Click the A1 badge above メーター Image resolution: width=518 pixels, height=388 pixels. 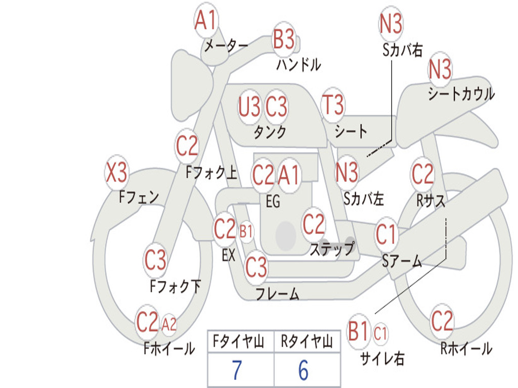206,21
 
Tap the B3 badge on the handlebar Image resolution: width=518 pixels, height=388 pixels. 284,39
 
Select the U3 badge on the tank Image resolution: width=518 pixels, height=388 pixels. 249,107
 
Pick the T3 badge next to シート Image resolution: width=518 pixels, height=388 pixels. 333,105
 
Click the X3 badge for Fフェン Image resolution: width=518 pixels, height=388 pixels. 116,173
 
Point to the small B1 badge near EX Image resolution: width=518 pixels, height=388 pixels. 246,232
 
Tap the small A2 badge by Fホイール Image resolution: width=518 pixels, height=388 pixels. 169,324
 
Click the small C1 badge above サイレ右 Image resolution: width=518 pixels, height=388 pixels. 380,333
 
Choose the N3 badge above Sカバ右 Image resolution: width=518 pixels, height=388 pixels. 391,24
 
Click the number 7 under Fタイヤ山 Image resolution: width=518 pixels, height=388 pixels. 237,370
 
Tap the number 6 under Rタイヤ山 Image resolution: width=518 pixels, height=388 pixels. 303,370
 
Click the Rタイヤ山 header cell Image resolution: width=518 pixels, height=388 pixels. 307,343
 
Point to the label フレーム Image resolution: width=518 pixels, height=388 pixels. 277,294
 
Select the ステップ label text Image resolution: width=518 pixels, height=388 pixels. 332,249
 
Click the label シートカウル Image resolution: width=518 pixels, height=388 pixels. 461,94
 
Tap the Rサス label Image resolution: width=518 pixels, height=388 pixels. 431,201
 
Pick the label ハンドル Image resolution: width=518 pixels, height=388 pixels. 298,65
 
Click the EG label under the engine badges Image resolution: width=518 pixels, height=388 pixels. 273,202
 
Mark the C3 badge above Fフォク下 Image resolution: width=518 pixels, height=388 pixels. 155,260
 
